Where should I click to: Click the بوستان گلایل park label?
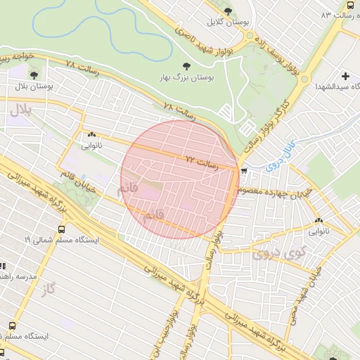(x=227, y=22)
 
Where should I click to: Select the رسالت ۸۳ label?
(x=335, y=15)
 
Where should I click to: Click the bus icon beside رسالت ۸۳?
(x=350, y=5)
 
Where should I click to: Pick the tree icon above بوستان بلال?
(x=33, y=74)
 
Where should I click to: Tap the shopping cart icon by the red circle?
(x=244, y=171)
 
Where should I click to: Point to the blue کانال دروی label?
(x=278, y=158)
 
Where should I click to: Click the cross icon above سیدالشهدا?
(x=345, y=76)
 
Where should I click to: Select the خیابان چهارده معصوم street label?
(x=273, y=191)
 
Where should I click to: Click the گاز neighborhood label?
(x=47, y=289)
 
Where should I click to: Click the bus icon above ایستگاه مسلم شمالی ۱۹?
(x=62, y=229)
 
